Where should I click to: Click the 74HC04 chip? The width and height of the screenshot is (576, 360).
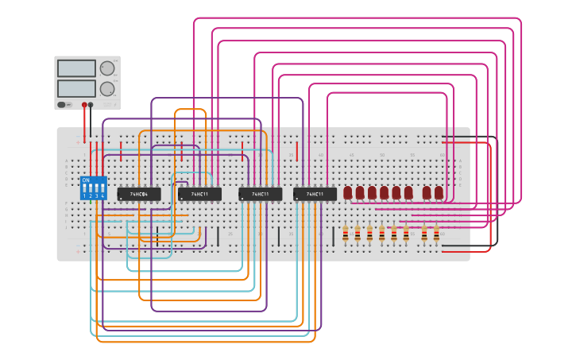(139, 194)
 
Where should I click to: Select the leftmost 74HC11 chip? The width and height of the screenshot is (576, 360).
(199, 194)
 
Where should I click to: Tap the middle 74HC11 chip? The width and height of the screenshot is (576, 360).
(260, 194)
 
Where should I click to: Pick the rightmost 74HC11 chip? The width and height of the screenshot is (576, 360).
(315, 194)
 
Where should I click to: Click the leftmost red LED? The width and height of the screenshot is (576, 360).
(348, 192)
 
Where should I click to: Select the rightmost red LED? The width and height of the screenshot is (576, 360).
(439, 192)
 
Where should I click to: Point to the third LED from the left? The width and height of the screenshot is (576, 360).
(372, 192)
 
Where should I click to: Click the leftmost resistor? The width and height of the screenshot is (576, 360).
(345, 233)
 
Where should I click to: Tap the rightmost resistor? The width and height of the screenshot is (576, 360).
(436, 233)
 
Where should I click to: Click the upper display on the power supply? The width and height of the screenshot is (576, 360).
(76, 68)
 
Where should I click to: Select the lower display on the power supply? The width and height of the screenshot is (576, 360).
(76, 88)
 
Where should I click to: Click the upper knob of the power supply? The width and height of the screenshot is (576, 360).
(107, 68)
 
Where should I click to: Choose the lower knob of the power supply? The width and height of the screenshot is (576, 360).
(107, 88)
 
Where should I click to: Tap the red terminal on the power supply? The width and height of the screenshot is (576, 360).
(84, 104)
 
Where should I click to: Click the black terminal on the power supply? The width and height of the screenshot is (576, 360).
(91, 104)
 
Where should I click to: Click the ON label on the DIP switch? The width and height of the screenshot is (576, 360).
(86, 180)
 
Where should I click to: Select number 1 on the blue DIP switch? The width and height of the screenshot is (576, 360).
(85, 195)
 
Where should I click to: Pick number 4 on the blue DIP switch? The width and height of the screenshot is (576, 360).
(103, 195)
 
